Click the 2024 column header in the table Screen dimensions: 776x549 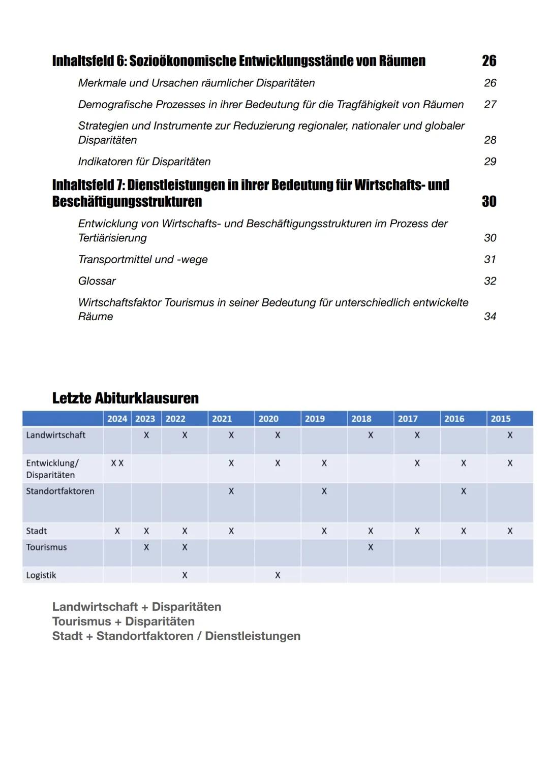point(117,419)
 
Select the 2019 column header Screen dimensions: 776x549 point(315,419)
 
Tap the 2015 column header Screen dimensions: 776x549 point(501,419)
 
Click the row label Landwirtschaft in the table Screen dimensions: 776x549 point(56,435)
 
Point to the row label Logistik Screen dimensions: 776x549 point(41,575)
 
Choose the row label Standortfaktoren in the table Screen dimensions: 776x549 point(60,491)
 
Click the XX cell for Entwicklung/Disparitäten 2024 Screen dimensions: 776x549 point(117,463)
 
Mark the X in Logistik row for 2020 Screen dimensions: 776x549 point(278,575)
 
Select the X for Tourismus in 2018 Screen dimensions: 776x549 point(371,547)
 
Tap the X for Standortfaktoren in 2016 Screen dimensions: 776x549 point(464,491)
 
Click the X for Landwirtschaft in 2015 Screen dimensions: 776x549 point(510,435)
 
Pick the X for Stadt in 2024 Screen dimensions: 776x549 point(117,531)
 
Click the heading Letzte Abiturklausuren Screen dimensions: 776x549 point(125,398)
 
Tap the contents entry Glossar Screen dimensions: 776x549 point(97,281)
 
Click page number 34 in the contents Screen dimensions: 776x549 point(490,317)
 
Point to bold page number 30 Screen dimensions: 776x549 point(489,202)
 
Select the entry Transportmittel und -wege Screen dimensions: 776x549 point(143,260)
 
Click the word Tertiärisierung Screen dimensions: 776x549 point(112,238)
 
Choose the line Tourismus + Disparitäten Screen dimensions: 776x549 point(124,622)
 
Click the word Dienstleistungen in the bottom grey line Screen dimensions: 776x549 point(253,636)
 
